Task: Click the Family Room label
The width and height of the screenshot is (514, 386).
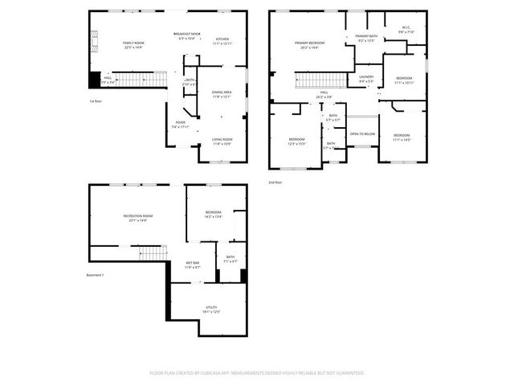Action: point(133,43)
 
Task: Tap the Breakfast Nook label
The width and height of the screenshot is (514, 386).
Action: point(187,34)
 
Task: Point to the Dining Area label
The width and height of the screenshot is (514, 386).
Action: point(222,92)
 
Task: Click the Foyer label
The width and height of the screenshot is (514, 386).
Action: point(180,123)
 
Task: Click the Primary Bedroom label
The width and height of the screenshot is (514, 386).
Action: point(309,43)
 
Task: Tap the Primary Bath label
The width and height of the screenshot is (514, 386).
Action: point(365,36)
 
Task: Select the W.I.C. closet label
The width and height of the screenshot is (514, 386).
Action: point(406,28)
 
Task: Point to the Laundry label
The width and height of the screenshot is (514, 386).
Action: point(366,77)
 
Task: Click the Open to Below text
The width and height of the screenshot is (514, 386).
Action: point(362,133)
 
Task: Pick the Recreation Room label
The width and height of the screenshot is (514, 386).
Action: point(138,216)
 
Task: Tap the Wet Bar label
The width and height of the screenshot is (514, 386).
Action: point(193,263)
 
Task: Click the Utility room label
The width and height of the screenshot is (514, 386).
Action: point(211,307)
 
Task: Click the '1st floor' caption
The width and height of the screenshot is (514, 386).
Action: point(95,101)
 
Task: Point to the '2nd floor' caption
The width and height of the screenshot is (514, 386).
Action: point(275,183)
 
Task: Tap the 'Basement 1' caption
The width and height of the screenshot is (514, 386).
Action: point(96,275)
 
